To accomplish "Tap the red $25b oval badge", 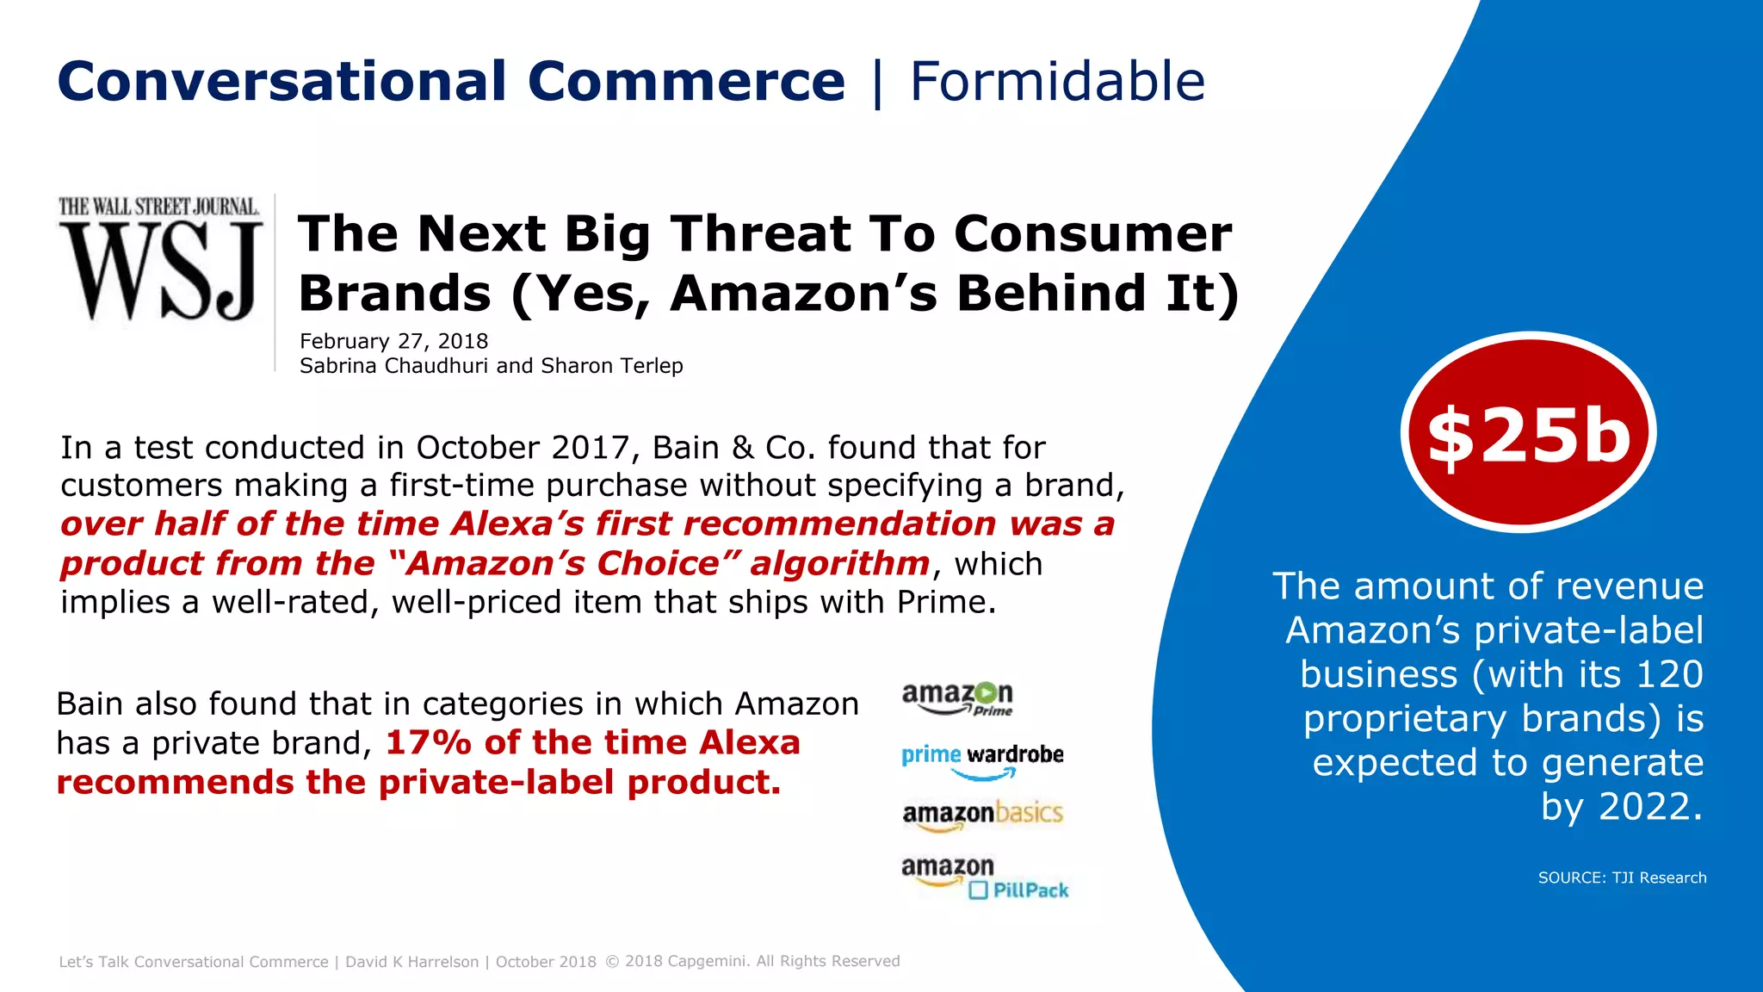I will tap(1528, 433).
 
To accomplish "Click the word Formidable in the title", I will tap(1057, 83).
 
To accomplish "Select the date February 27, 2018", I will tap(393, 342).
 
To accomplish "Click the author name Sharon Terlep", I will tap(611, 366).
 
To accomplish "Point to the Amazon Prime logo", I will tap(957, 698).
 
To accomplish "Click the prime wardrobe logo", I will tap(982, 759).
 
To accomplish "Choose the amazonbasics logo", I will tap(982, 815).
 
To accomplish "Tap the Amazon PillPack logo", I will tap(984, 877).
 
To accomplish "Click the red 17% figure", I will tap(428, 743).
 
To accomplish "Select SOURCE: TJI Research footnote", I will tap(1622, 877).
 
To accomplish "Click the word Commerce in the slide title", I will tap(686, 83).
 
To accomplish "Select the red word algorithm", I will tap(839, 563).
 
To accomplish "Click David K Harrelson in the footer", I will tap(411, 962).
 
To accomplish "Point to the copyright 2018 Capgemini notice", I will tap(752, 961).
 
